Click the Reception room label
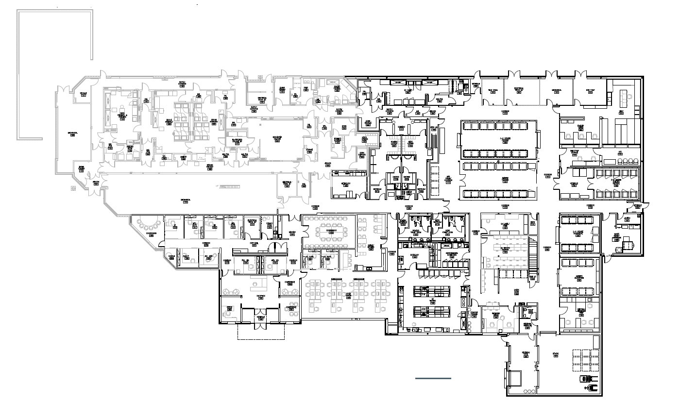point(260,296)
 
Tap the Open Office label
point(348,296)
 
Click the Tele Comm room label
point(493,91)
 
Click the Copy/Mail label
point(253,243)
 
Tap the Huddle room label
point(171,256)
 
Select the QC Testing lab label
point(432,301)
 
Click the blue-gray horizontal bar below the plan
point(433,378)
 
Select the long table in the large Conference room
point(330,228)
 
